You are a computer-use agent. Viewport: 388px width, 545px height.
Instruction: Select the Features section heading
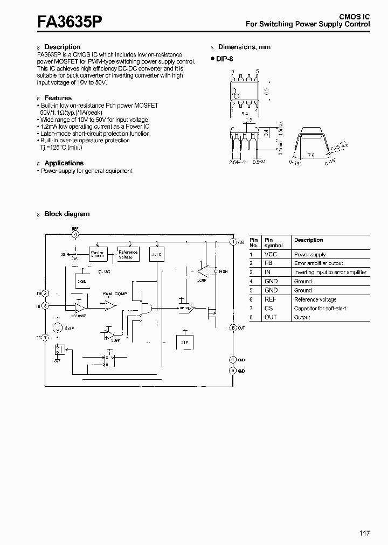coord(58,98)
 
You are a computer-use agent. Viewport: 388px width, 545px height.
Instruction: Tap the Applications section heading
coord(64,163)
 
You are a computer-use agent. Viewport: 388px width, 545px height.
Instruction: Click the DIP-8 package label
coord(224,59)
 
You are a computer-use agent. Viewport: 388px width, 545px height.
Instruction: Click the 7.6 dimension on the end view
coord(311,155)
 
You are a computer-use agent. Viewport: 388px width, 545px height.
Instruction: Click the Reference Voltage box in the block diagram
coord(128,254)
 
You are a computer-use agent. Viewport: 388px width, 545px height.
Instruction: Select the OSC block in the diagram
coord(82,281)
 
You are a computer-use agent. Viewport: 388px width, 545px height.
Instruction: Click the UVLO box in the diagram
coord(156,254)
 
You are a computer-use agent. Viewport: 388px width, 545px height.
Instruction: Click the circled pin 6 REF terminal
coord(75,234)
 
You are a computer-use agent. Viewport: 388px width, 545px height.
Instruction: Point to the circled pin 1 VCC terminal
coord(233,242)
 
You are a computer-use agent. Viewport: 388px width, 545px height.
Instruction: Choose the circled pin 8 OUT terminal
coord(233,327)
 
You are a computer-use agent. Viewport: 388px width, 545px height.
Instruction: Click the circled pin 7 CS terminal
coord(45,338)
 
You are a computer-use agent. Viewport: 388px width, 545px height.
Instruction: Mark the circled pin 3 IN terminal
coord(45,306)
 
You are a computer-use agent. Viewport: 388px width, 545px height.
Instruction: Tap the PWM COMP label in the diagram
coord(115,294)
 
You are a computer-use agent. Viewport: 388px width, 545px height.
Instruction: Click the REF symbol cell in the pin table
coord(270,299)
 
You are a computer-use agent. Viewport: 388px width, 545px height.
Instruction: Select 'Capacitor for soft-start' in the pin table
coord(320,309)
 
